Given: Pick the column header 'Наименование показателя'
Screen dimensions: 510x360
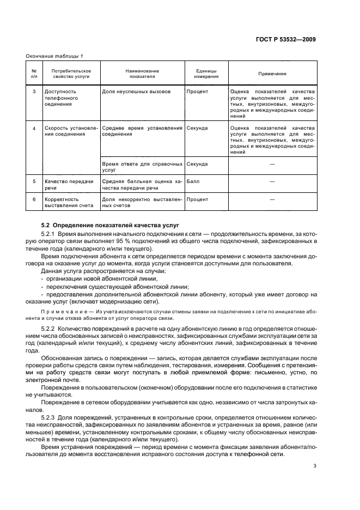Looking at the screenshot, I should point(142,74).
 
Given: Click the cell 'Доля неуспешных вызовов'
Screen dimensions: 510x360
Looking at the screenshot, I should point(136,92).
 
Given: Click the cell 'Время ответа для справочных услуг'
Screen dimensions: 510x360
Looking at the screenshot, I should point(142,166).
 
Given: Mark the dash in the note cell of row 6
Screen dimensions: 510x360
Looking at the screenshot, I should point(272,199).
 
